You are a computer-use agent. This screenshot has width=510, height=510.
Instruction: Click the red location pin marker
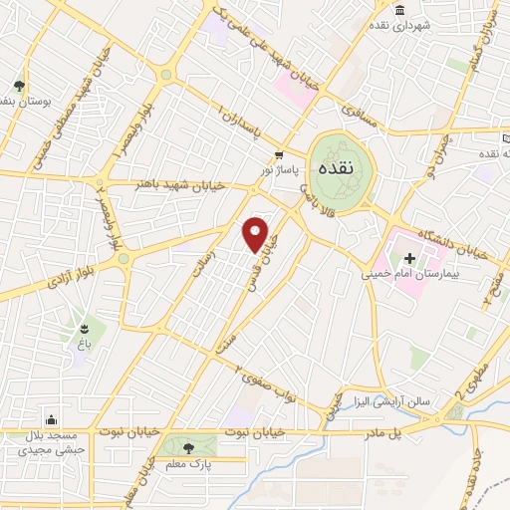tap(256, 233)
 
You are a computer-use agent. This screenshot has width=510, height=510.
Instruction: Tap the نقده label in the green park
tap(333, 169)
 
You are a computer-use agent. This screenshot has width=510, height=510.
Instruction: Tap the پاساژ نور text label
tap(280, 170)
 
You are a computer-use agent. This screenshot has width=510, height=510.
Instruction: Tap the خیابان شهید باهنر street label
tap(175, 185)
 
